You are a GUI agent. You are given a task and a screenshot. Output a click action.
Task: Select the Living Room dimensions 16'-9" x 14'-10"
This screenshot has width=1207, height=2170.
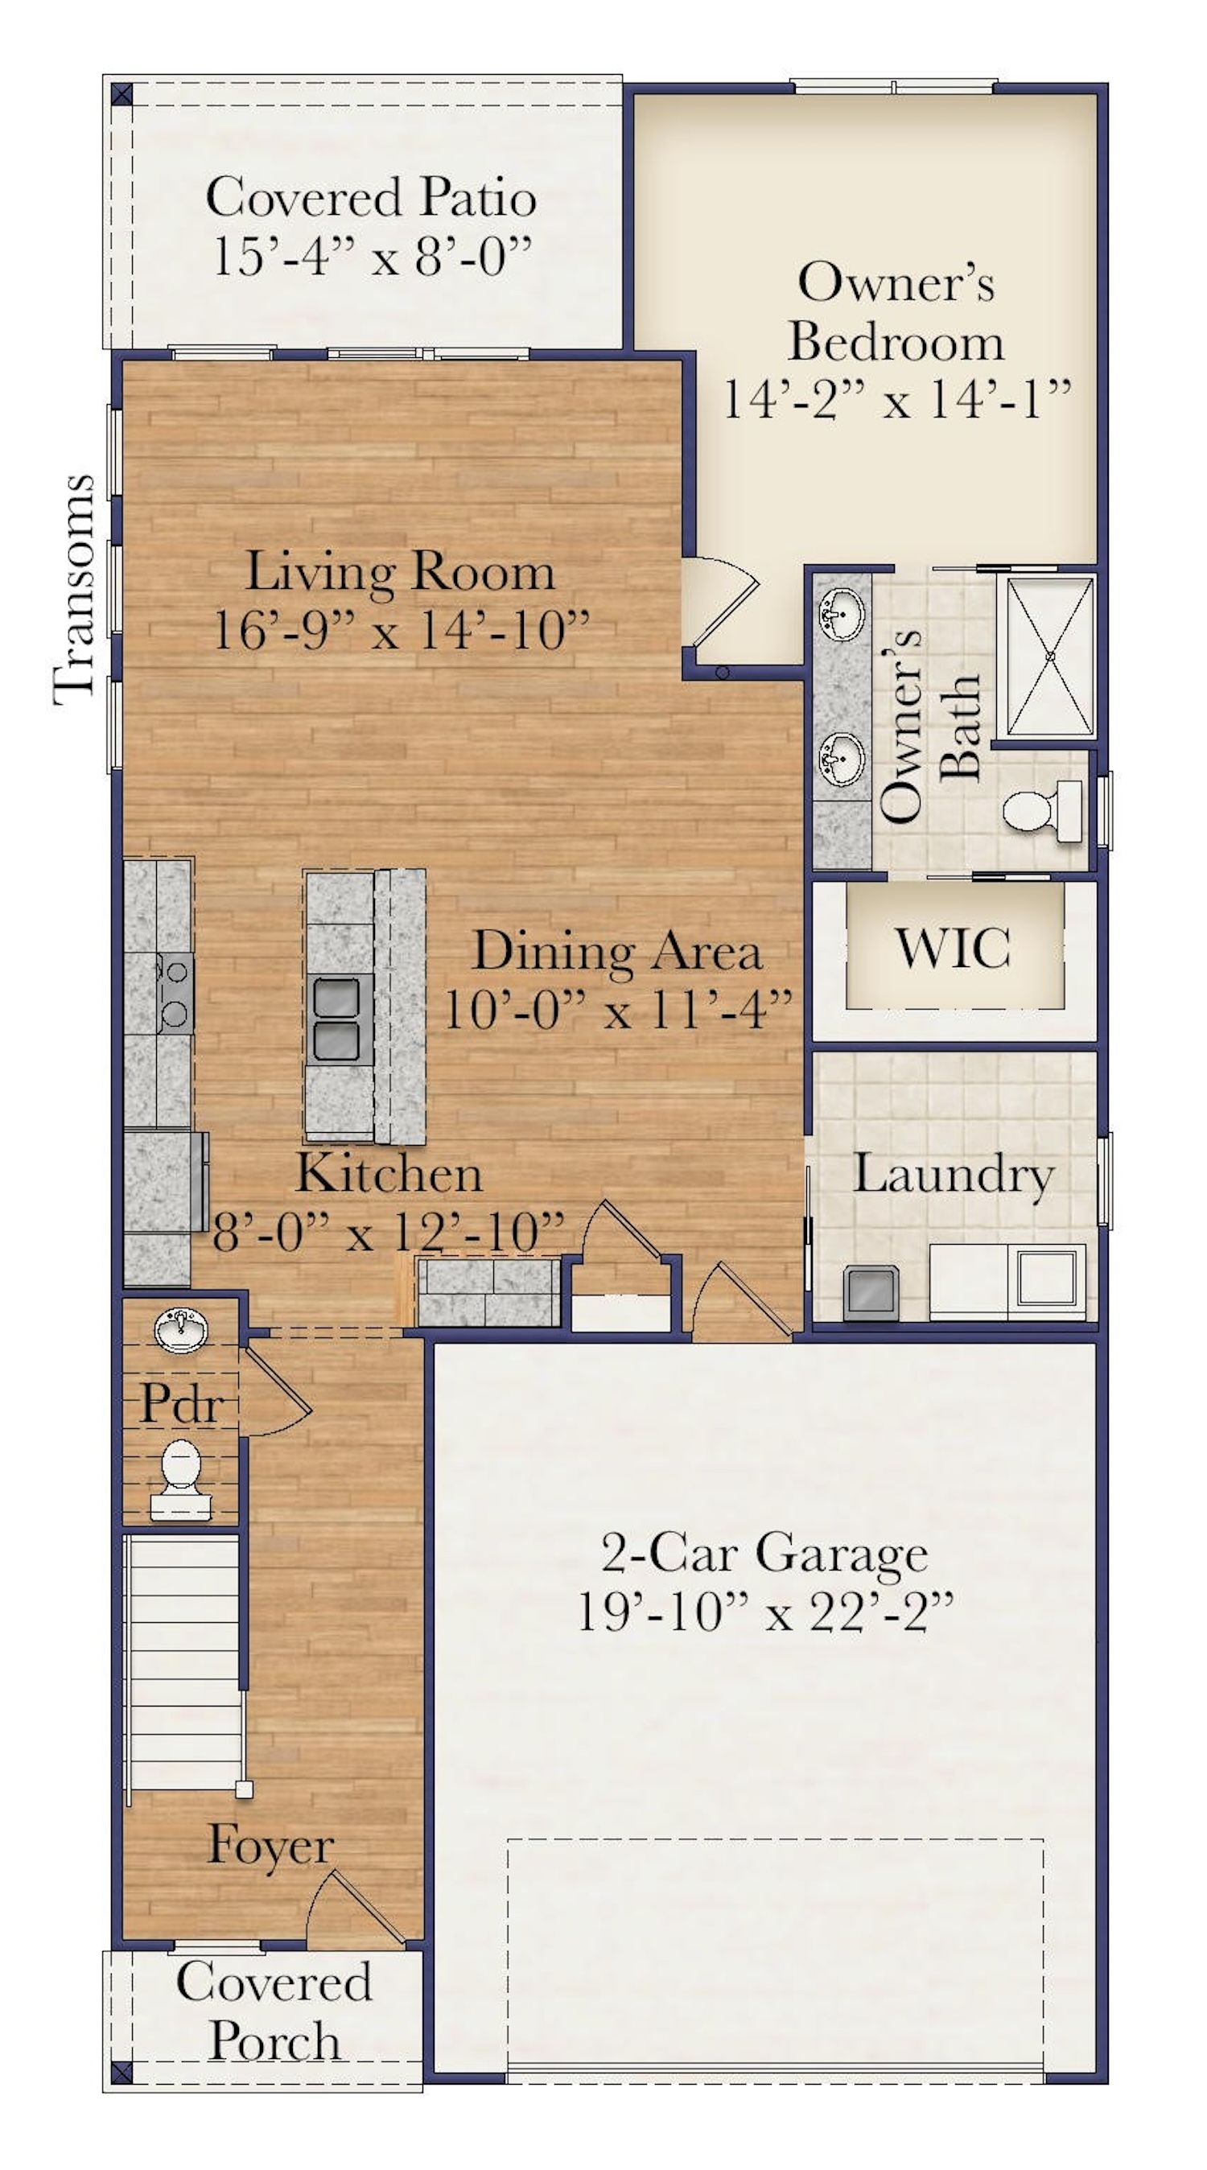click(401, 629)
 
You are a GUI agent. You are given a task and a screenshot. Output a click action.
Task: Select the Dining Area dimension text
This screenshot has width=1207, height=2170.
click(617, 1009)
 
